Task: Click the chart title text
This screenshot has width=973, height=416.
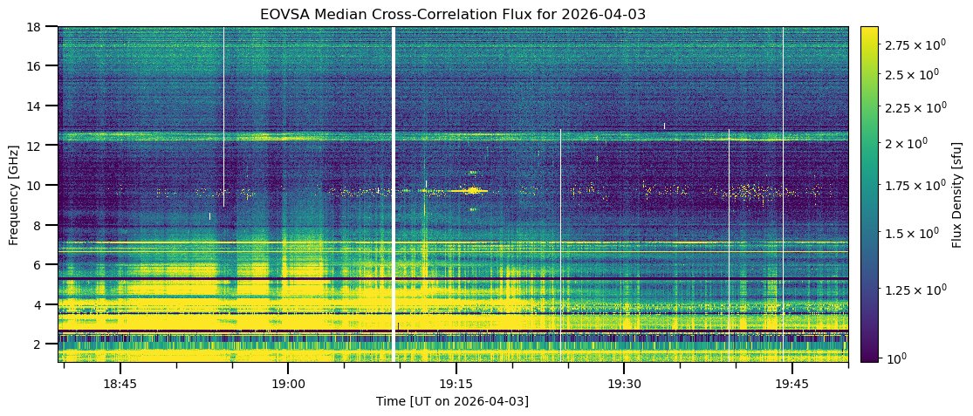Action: tap(452, 14)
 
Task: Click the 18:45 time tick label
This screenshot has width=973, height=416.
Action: tap(120, 384)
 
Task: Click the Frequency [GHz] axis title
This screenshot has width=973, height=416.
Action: tap(14, 194)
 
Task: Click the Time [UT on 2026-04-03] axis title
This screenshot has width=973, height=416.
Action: tap(452, 401)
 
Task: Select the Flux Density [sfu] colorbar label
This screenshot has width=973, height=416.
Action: tap(957, 194)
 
